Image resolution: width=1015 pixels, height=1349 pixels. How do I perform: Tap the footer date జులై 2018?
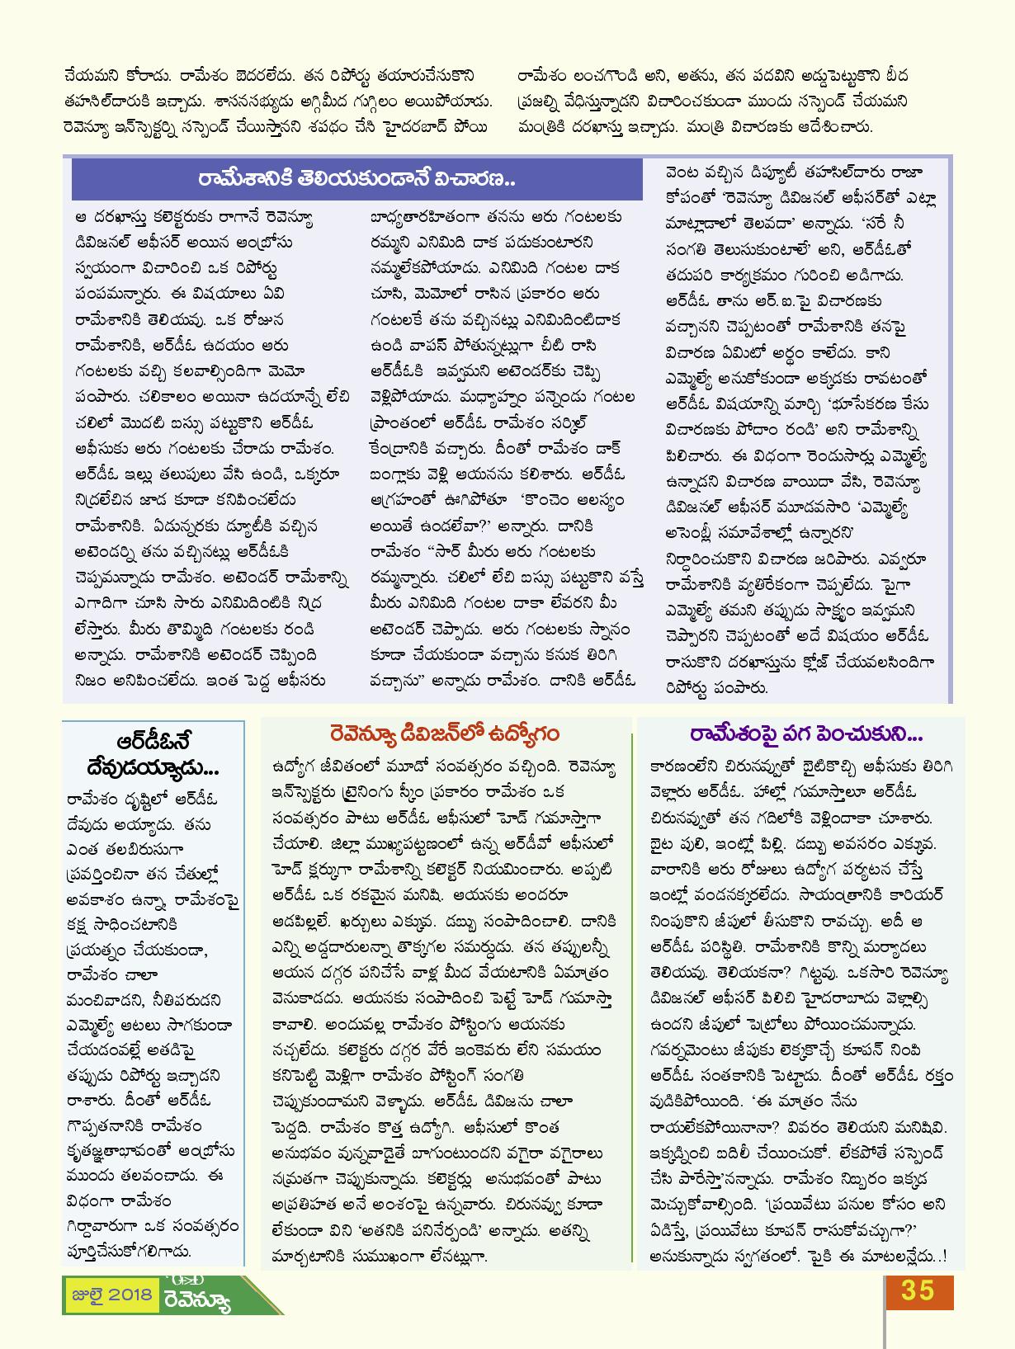pos(110,1294)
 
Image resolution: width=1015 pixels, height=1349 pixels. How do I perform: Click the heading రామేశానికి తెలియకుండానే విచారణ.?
pos(356,179)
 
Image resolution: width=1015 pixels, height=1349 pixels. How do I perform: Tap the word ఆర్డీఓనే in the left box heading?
pos(153,739)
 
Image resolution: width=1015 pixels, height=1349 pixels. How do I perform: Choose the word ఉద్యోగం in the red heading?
pos(524,733)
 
